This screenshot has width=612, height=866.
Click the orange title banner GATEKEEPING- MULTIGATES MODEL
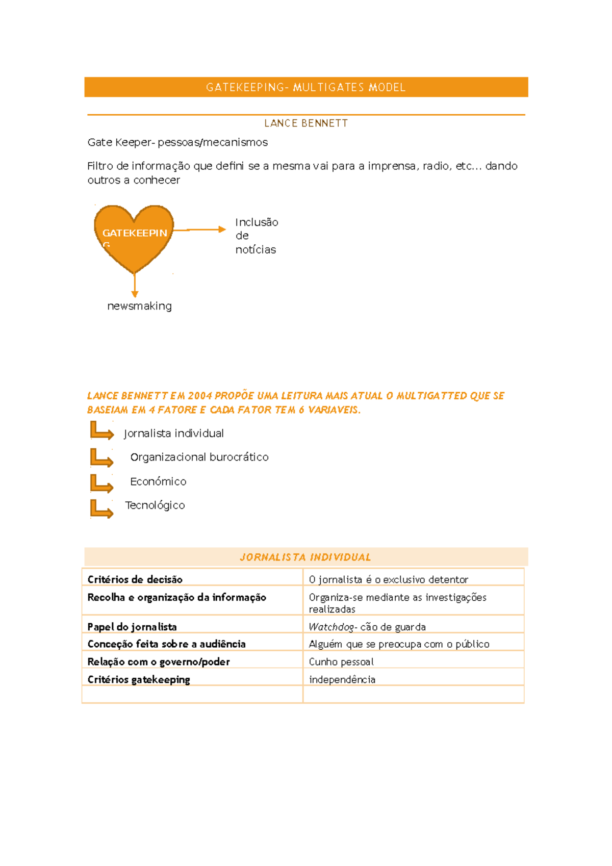(306, 87)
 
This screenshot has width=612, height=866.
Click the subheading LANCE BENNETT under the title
(306, 123)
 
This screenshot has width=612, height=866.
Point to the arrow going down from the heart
(135, 286)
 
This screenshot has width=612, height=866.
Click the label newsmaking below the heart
(139, 306)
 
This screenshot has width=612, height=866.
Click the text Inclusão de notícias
(256, 236)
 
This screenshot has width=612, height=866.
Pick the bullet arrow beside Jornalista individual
(101, 431)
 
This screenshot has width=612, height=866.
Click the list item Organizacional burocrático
(199, 457)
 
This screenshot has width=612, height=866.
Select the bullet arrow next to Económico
(101, 483)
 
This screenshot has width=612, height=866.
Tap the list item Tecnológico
(155, 505)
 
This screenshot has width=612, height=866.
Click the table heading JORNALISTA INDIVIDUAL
(305, 557)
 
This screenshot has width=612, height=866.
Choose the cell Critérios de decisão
(135, 579)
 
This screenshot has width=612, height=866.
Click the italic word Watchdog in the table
(331, 627)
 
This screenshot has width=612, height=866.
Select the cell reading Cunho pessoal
(341, 662)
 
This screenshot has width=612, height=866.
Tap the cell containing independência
(342, 680)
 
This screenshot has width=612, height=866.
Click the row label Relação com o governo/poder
(159, 662)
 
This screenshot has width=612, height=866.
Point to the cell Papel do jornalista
(132, 627)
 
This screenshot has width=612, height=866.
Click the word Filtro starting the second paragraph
(100, 166)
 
